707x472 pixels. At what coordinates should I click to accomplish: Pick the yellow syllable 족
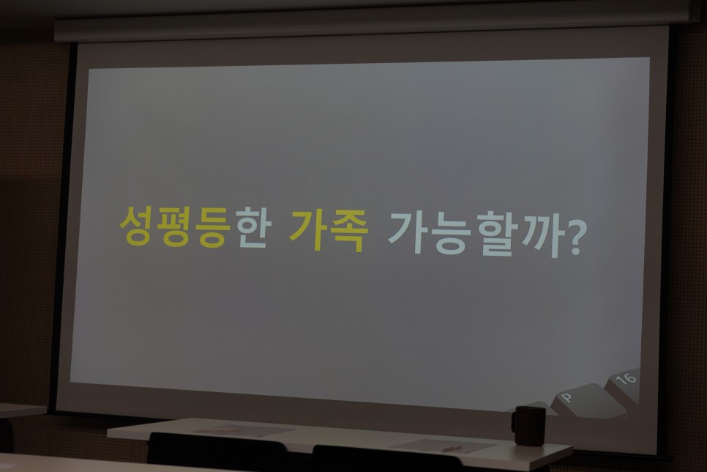click(x=349, y=230)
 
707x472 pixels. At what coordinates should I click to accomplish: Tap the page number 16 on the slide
click(x=626, y=378)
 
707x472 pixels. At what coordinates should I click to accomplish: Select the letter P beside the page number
click(x=566, y=397)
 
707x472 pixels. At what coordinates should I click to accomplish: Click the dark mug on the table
click(x=529, y=426)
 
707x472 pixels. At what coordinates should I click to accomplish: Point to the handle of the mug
click(x=514, y=422)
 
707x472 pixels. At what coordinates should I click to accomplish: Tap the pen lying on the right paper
click(x=452, y=448)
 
